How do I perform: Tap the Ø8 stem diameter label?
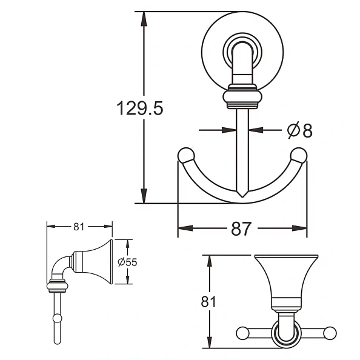coord(299,130)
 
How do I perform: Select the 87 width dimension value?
coord(242,229)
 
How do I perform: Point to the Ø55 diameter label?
coord(128,262)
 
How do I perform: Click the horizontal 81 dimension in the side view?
coord(79,227)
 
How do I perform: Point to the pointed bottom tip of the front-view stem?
coord(242,197)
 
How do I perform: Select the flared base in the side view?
coord(97,261)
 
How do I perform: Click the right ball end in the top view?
coord(330,332)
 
